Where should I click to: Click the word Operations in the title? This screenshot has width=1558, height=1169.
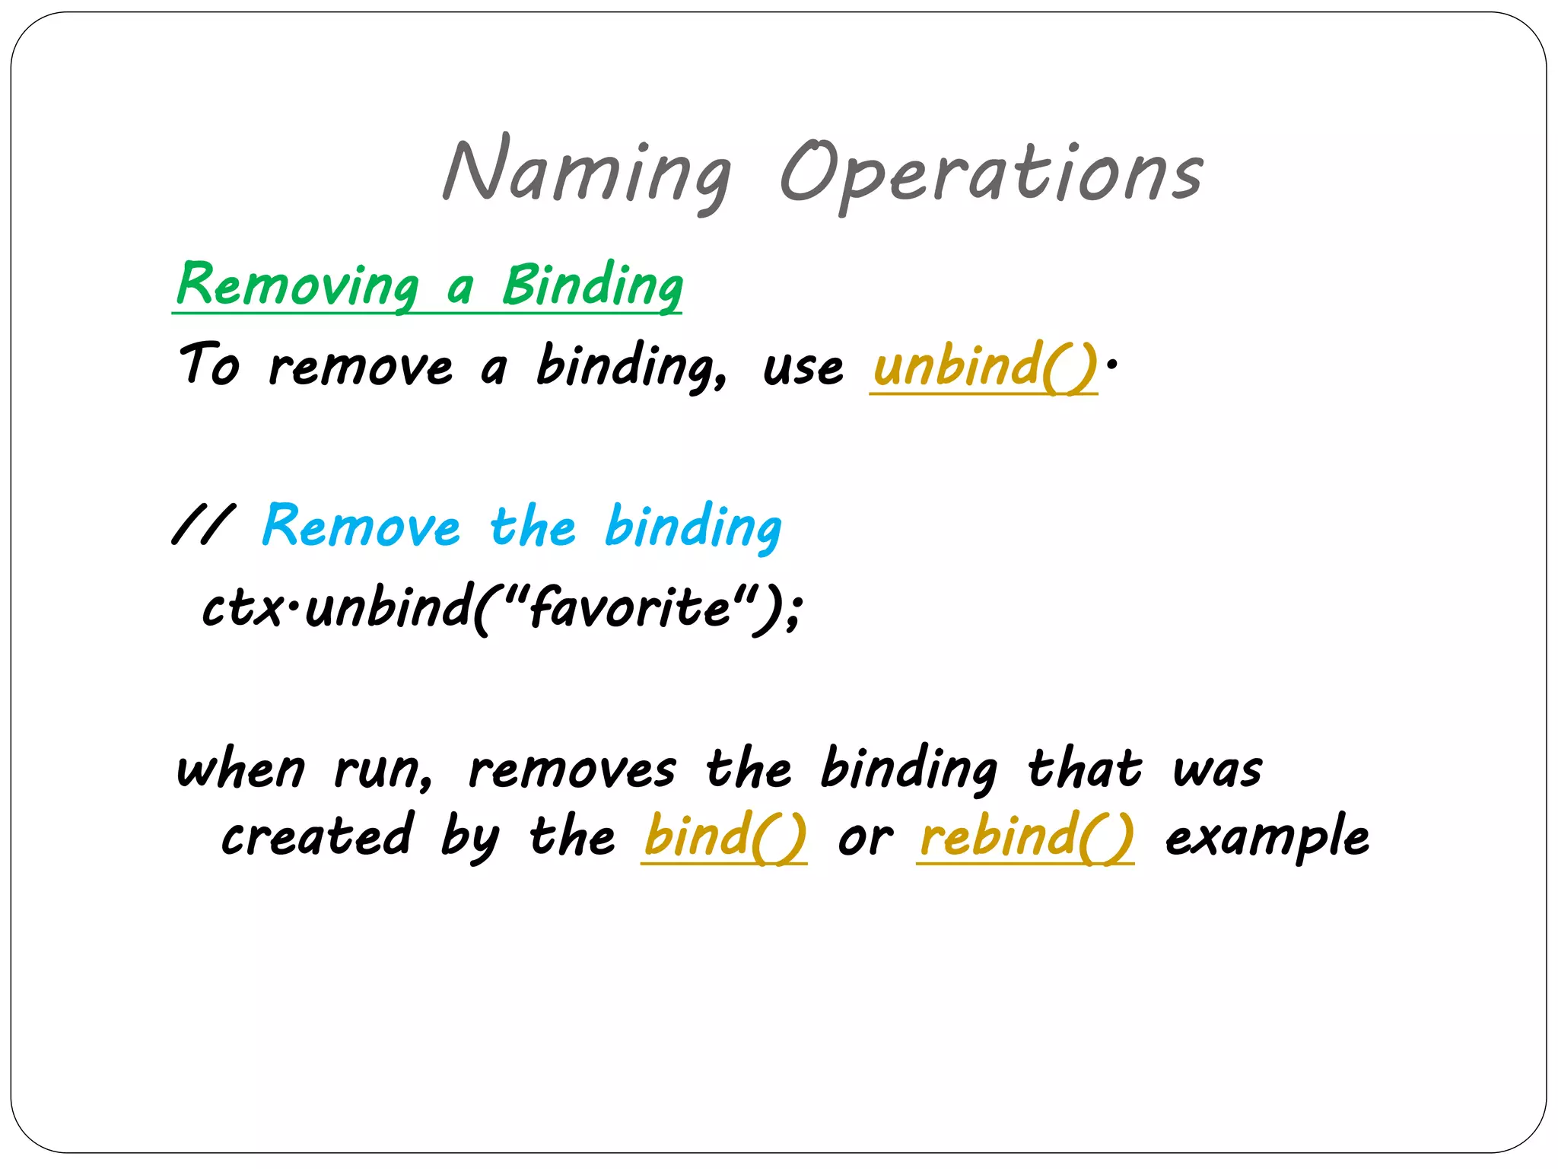(x=990, y=175)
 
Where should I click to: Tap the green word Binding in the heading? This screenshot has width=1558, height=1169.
(x=592, y=286)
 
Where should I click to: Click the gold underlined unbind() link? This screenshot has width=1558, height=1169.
(x=984, y=367)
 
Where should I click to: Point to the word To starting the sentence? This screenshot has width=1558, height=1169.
(x=209, y=365)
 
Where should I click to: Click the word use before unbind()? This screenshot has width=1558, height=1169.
(x=803, y=369)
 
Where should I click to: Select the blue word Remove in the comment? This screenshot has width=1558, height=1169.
(x=361, y=527)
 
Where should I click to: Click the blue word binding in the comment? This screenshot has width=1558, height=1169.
(x=693, y=527)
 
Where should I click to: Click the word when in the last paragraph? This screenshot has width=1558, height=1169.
(x=241, y=770)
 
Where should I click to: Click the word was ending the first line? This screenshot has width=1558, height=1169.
(x=1217, y=770)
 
